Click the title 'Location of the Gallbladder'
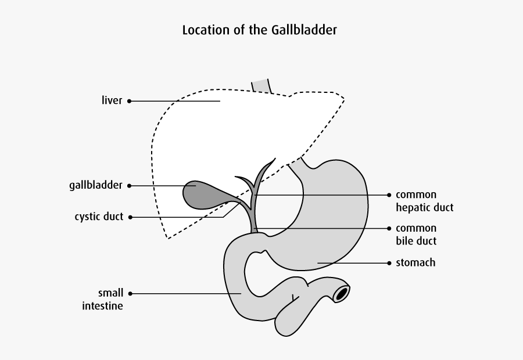coord(259,30)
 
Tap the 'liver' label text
coord(112,101)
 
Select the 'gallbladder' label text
coord(95,186)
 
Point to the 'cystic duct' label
coord(99,217)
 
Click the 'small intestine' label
coord(102,299)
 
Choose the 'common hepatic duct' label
coord(424,201)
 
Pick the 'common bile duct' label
coord(416,234)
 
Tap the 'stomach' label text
coord(415,263)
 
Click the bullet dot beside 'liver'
coord(129,101)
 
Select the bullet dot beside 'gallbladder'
coord(129,186)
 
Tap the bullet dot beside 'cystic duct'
coord(130,217)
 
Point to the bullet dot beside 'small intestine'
coord(130,293)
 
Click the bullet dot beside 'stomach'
coord(389,263)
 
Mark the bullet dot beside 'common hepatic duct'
coord(389,195)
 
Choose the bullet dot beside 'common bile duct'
coord(389,228)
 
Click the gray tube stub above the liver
coord(261,86)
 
